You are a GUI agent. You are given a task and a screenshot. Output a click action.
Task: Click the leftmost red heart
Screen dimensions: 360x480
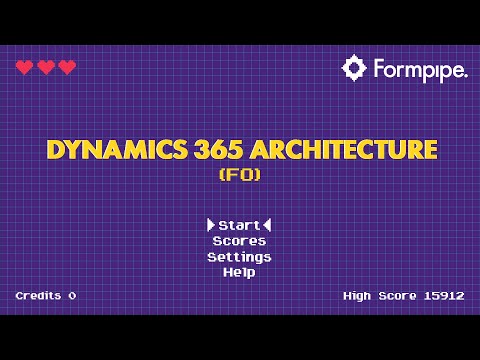pos(24,67)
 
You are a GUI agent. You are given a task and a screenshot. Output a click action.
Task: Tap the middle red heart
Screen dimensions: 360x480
pos(46,67)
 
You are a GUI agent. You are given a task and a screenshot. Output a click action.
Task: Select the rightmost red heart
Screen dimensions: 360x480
pos(67,67)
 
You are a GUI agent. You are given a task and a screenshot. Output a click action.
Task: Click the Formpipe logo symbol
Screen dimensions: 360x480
pos(354,68)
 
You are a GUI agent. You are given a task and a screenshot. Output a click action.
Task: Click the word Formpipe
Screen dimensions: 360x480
pos(420,70)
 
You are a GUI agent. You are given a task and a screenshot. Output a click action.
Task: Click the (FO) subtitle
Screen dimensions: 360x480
pos(239,175)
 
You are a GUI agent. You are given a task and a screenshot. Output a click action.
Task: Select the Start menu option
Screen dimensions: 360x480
pos(239,225)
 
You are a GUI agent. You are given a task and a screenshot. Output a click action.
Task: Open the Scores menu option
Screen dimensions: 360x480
pos(239,241)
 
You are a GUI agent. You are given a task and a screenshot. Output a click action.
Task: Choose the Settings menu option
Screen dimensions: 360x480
pos(239,257)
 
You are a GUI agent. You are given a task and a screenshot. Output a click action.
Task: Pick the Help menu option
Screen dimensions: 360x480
pos(239,272)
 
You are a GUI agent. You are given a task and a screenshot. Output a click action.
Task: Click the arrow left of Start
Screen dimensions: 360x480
pos(211,225)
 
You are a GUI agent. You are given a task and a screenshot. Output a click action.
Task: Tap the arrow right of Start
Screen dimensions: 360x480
pos(267,225)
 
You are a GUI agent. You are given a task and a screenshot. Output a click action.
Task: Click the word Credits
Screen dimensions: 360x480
pos(38,296)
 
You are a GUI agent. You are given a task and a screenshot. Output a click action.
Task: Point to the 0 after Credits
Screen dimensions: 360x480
pos(72,296)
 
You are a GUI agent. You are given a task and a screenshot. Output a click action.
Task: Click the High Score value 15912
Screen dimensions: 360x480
pos(444,296)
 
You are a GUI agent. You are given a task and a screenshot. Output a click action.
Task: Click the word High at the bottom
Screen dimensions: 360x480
pos(358,296)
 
